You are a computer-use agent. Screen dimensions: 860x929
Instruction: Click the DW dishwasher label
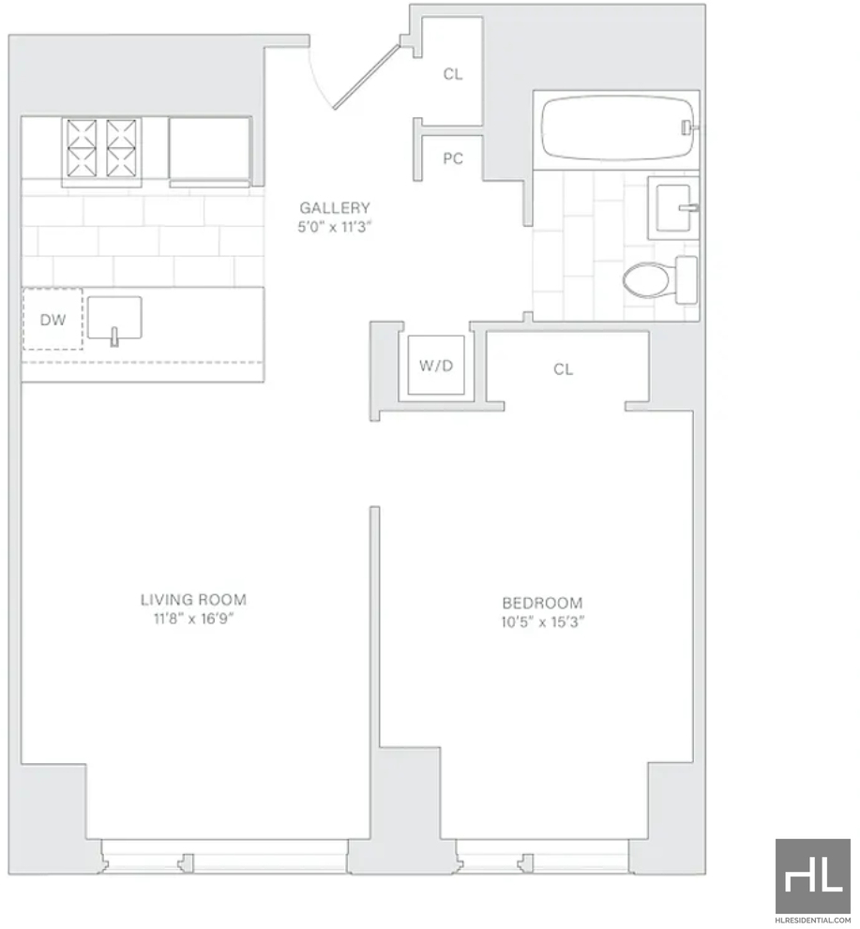tap(53, 320)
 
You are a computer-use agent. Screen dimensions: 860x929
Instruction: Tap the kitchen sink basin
tap(114, 318)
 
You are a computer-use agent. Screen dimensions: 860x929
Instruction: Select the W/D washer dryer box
tap(436, 365)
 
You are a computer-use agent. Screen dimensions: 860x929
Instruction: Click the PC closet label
tap(453, 158)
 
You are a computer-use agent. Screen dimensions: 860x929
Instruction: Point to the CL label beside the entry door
tap(453, 74)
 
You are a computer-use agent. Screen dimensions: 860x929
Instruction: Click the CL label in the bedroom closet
tap(563, 369)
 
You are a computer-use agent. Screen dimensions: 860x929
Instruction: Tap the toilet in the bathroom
tap(660, 279)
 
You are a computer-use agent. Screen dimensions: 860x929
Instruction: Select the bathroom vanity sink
tap(674, 208)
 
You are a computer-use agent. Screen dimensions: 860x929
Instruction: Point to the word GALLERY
tap(335, 207)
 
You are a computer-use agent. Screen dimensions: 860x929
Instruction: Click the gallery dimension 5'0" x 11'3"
tap(335, 227)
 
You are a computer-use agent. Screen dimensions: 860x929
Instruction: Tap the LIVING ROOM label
tap(193, 600)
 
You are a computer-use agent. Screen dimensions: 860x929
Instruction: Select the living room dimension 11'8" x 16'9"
tap(193, 619)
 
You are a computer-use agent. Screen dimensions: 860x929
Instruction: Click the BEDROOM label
tap(542, 603)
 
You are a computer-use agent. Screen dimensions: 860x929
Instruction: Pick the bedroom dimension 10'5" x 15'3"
tap(542, 622)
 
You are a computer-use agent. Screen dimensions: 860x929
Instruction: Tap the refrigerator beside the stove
tap(209, 152)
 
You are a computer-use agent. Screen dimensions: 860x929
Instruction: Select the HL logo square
tap(812, 876)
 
